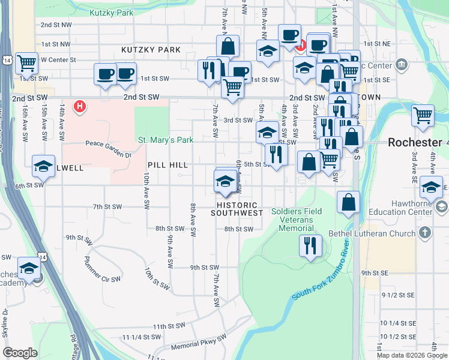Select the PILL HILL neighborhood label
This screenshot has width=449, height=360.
pyautogui.click(x=167, y=164)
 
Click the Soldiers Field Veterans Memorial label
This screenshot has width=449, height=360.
pyautogui.click(x=297, y=220)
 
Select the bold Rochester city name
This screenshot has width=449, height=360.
pyautogui.click(x=415, y=142)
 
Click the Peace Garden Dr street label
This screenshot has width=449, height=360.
pyautogui.click(x=108, y=144)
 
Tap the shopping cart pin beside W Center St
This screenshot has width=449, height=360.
pyautogui.click(x=26, y=62)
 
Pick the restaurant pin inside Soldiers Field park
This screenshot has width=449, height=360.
pyautogui.click(x=310, y=245)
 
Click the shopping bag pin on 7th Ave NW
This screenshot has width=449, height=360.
pyautogui.click(x=228, y=46)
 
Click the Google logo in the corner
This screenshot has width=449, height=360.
pyautogui.click(x=20, y=353)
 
